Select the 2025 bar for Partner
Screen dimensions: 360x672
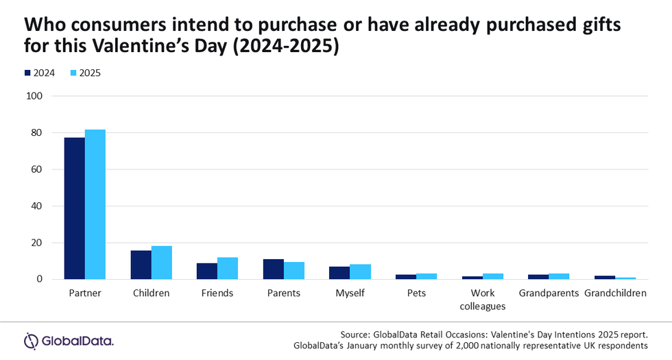click(x=95, y=204)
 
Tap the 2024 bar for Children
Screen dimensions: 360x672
click(x=141, y=265)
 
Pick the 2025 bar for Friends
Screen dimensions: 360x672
click(x=228, y=268)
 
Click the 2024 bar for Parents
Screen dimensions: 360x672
click(x=273, y=269)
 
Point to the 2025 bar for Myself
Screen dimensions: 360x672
click(x=360, y=272)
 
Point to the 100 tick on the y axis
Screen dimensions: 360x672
click(x=34, y=96)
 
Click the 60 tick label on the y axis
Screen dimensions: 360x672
click(x=37, y=169)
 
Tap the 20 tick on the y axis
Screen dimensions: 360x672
click(x=37, y=243)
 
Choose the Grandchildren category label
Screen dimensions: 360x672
click(x=615, y=293)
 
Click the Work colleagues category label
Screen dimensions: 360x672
click(x=483, y=300)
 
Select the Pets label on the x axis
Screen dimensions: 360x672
click(x=416, y=293)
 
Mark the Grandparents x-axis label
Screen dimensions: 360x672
click(x=549, y=293)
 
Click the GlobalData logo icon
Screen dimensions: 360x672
click(x=31, y=340)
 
